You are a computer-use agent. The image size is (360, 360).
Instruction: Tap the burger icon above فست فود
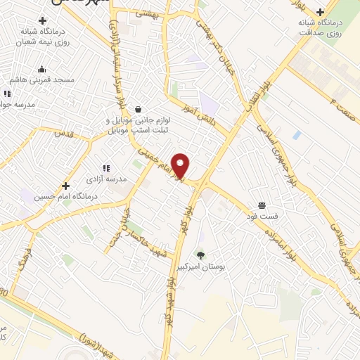(x=262, y=205)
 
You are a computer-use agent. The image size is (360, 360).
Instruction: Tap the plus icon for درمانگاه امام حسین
(x=65, y=186)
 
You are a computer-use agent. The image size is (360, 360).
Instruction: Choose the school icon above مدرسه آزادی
(x=105, y=168)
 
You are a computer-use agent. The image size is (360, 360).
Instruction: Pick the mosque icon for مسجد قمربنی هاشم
(x=42, y=69)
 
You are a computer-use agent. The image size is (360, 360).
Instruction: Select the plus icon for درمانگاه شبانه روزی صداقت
(x=320, y=12)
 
